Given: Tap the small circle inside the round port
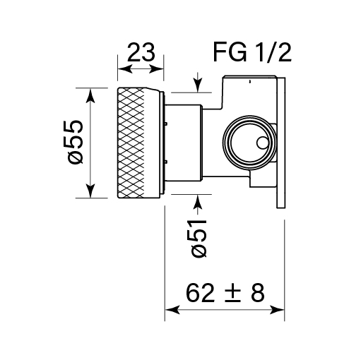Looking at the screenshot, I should [262, 143].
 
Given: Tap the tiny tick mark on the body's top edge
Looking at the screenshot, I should [250, 80].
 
